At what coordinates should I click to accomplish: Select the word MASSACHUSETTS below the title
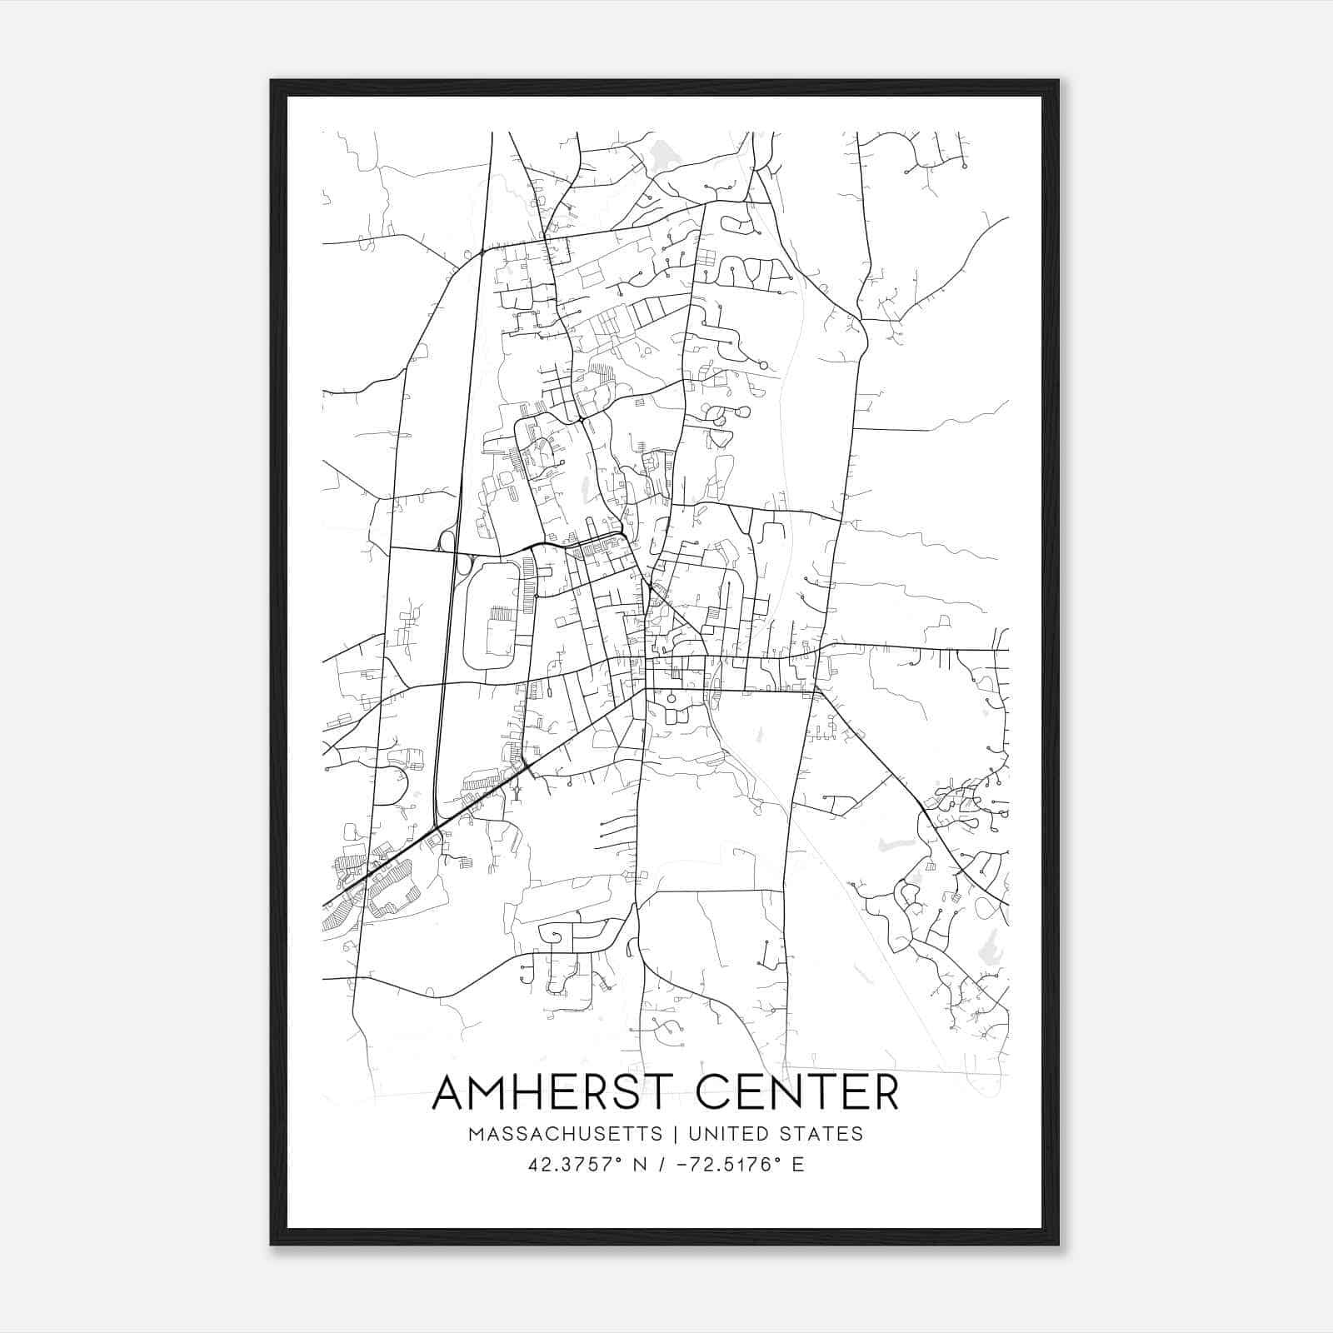[565, 1134]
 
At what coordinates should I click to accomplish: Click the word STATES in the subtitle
[822, 1134]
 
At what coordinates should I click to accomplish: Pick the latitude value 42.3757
[569, 1165]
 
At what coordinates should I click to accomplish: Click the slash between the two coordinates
[661, 1165]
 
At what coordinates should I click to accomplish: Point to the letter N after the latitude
[641, 1165]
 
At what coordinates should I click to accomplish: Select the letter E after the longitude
[798, 1165]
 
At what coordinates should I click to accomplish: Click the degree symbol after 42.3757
[618, 1159]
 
